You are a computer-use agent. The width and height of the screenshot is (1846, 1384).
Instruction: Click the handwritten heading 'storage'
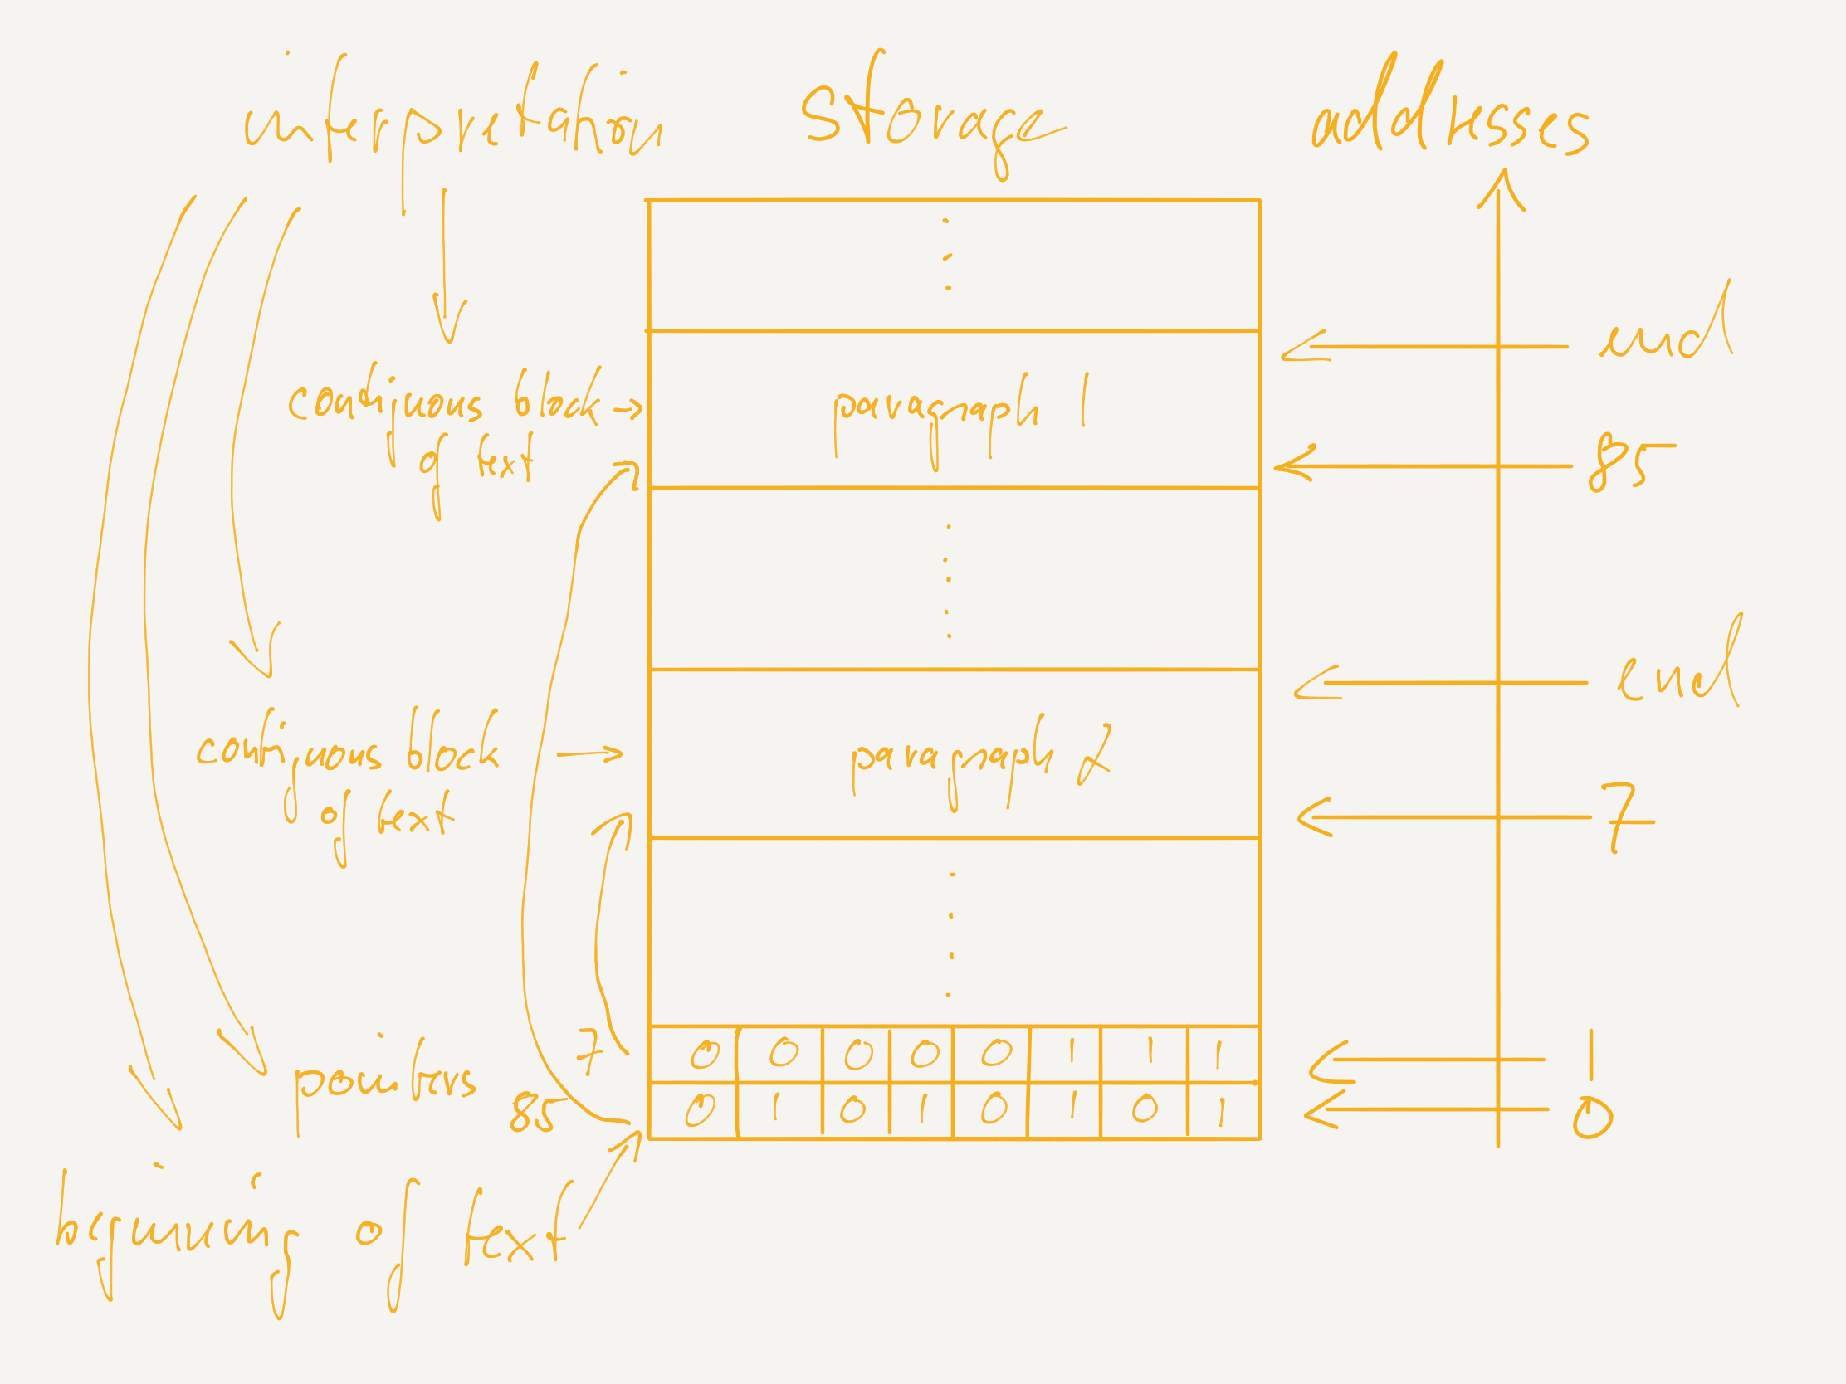[930, 117]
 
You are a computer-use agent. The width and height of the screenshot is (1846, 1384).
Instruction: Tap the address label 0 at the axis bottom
[1592, 1118]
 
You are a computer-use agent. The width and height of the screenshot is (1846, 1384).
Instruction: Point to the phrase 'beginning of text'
[309, 1235]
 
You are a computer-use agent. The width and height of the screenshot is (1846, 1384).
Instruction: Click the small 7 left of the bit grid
[589, 1051]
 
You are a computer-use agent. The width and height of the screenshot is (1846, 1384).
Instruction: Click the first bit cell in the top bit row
[694, 1055]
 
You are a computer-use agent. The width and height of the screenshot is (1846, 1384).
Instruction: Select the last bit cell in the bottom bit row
[1223, 1110]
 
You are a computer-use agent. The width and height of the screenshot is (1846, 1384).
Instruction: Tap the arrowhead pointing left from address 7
[1314, 816]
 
